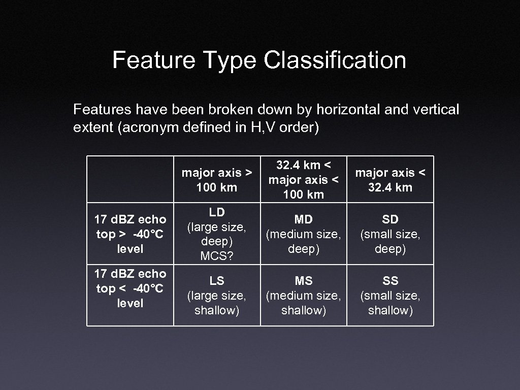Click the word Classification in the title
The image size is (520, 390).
click(335, 60)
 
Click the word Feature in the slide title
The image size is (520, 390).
click(153, 60)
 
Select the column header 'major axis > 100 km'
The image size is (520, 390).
click(217, 180)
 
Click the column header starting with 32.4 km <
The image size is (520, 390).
click(304, 180)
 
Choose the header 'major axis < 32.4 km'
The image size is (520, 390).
click(390, 180)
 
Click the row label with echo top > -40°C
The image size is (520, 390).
click(130, 234)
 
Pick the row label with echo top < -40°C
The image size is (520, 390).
click(130, 288)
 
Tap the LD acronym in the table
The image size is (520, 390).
click(217, 212)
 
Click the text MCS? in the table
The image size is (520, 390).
click(217, 255)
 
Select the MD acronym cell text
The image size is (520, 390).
click(304, 219)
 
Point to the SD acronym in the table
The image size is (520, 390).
click(390, 219)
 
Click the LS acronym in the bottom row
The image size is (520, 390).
click(217, 281)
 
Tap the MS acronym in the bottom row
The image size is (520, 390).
click(304, 281)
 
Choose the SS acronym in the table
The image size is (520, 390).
click(390, 281)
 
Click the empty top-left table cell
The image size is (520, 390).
click(130, 179)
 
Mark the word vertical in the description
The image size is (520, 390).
click(437, 109)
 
